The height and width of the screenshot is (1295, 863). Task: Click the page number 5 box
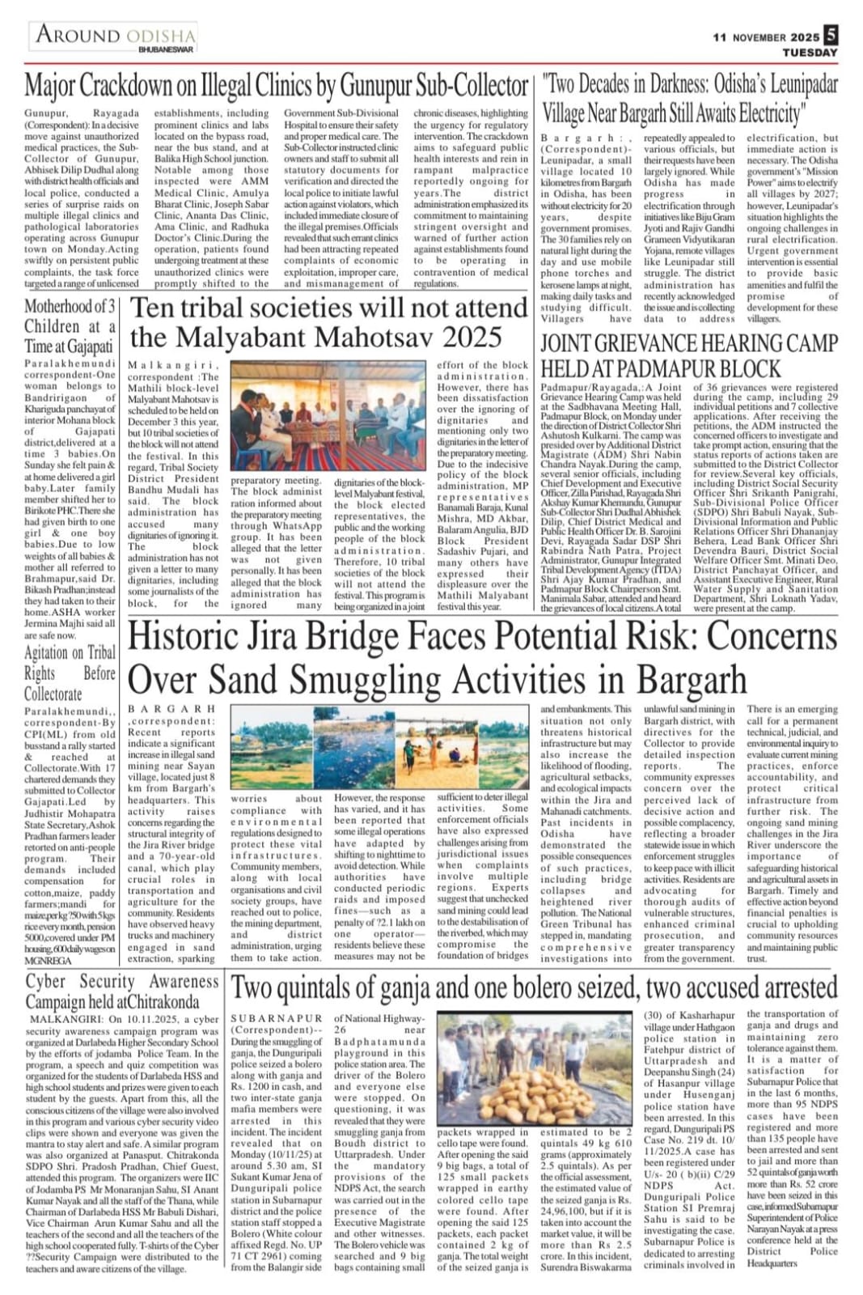tap(831, 36)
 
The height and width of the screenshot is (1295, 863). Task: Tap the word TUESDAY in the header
tap(810, 53)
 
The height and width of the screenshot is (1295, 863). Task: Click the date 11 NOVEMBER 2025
tap(766, 37)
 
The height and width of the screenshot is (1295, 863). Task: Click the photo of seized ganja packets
tap(535, 1068)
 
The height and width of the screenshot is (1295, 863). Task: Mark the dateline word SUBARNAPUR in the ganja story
tap(265, 1018)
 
